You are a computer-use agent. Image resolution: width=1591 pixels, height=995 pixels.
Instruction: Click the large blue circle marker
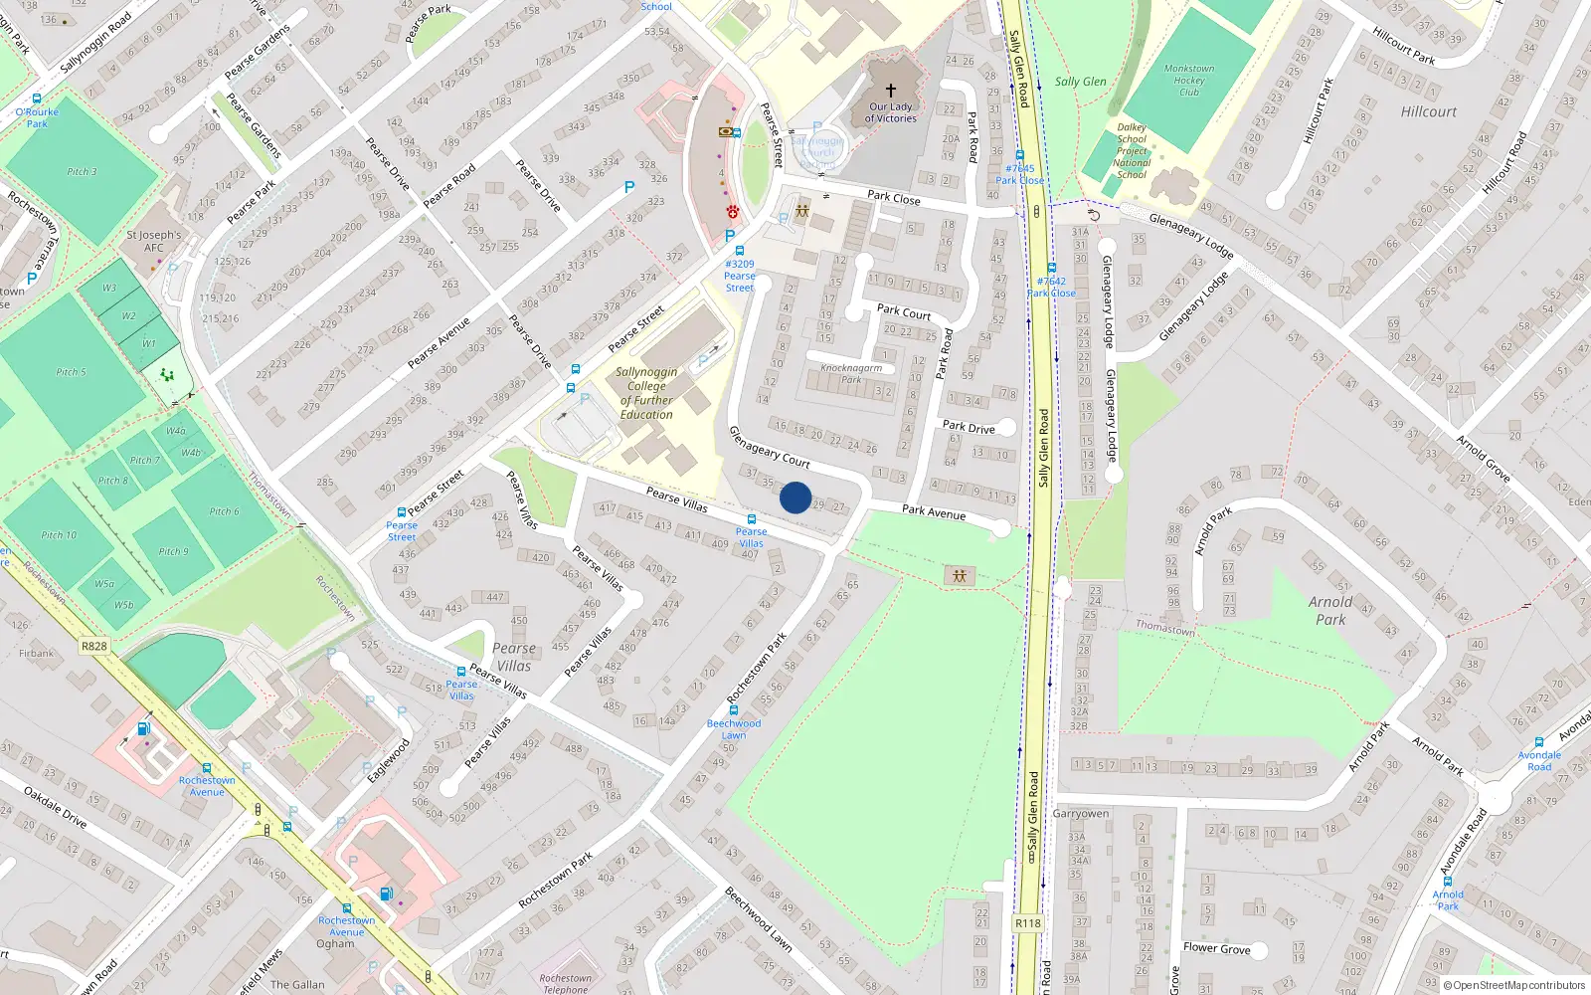click(x=795, y=497)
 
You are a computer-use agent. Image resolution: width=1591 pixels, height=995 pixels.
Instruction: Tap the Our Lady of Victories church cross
click(x=891, y=90)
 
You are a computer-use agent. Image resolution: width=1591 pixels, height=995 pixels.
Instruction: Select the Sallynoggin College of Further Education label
click(x=647, y=393)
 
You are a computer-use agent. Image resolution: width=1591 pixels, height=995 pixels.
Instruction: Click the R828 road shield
click(x=93, y=646)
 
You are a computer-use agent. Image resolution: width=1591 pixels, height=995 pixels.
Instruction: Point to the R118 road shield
click(x=1028, y=923)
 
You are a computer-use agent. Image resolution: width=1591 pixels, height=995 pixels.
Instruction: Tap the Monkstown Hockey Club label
click(x=1189, y=81)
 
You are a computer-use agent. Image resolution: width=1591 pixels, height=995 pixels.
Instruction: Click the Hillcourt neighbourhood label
click(x=1428, y=111)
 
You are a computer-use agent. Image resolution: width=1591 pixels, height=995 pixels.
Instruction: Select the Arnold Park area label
click(x=1330, y=610)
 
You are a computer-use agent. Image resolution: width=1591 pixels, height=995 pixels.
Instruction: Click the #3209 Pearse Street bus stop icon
click(x=740, y=251)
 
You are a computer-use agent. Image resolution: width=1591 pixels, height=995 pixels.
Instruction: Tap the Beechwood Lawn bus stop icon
click(x=734, y=710)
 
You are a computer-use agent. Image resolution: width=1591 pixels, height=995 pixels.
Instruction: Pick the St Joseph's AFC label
click(x=154, y=241)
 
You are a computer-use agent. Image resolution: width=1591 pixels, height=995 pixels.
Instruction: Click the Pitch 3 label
click(x=82, y=171)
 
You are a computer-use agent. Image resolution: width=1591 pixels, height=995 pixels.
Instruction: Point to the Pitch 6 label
click(x=224, y=511)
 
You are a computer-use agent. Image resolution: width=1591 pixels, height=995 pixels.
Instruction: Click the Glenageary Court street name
click(x=770, y=447)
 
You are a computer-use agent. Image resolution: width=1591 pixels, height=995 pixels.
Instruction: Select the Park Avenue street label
click(x=934, y=511)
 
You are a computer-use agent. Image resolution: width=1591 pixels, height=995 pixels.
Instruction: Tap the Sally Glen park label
click(x=1081, y=82)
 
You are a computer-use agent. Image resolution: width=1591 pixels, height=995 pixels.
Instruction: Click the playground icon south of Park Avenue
click(x=960, y=575)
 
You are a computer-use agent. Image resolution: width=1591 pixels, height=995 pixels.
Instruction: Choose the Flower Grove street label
click(x=1216, y=948)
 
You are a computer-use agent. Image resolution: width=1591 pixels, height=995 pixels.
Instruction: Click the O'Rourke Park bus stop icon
click(x=37, y=99)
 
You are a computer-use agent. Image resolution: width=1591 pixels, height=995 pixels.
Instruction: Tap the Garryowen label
click(x=1081, y=813)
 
